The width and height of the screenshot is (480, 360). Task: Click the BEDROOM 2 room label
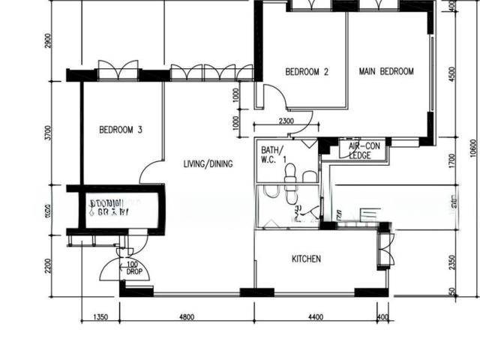coord(307,73)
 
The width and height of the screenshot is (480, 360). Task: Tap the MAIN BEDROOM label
coord(386,72)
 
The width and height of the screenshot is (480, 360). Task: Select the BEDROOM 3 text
coord(121,130)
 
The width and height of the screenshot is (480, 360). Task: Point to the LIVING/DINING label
coord(208,164)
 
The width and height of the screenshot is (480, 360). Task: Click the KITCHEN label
coord(306,259)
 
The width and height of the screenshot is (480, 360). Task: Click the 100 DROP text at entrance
coord(133,268)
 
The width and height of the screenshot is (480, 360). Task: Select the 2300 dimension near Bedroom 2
coord(286,121)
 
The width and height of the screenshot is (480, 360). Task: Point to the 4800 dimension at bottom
coord(186,317)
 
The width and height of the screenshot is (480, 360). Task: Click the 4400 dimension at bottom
coord(316,317)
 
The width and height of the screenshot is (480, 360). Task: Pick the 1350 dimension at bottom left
coord(100,317)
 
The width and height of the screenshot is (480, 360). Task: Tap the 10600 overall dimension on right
coord(472,150)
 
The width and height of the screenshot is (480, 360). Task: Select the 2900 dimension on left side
coord(48,41)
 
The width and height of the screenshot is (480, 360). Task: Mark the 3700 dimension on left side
coord(48,133)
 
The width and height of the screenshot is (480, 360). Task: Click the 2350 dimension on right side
coord(451,262)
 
